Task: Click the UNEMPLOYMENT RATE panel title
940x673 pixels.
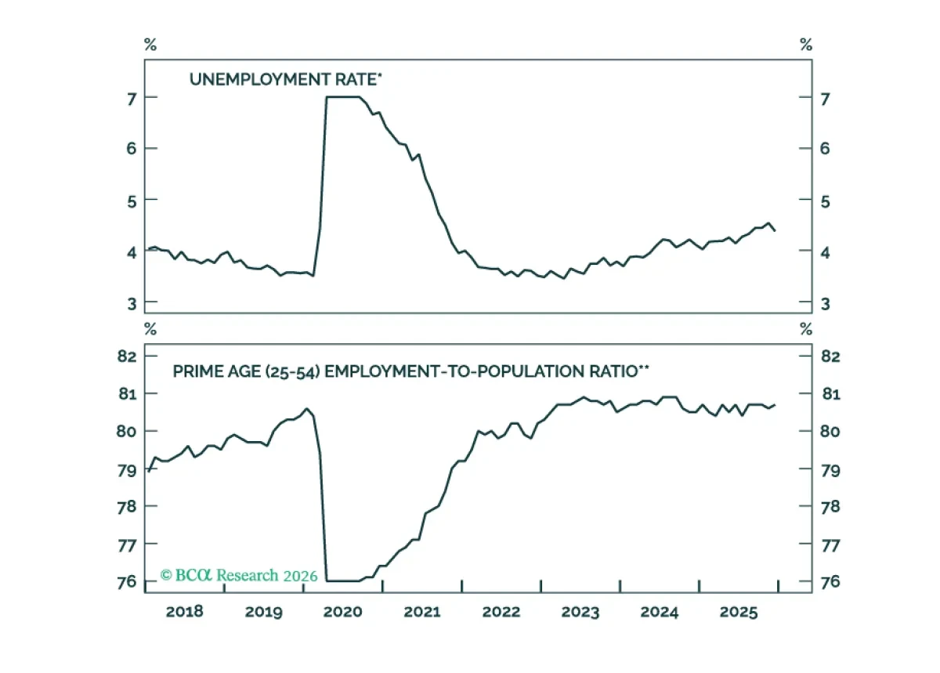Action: (286, 79)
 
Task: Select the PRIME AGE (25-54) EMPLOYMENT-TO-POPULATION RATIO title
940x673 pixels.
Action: (410, 371)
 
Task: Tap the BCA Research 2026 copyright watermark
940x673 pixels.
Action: (239, 575)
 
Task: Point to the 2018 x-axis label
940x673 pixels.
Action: (184, 612)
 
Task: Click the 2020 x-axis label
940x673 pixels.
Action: (342, 612)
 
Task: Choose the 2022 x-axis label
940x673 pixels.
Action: (501, 612)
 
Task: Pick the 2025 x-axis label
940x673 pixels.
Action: (739, 612)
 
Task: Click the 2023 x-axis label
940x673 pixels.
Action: (580, 612)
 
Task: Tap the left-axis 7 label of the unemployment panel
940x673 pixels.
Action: (132, 100)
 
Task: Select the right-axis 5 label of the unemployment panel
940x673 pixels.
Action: (825, 202)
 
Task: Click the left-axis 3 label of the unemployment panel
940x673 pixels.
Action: (132, 303)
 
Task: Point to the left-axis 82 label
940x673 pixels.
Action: (127, 356)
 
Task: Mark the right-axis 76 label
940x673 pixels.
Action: (830, 581)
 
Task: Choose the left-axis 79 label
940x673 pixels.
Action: (127, 471)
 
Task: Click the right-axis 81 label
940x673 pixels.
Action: (831, 394)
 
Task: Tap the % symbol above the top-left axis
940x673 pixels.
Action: (150, 44)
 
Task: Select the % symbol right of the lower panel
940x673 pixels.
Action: (806, 329)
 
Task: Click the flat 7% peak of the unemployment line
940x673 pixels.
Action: (343, 97)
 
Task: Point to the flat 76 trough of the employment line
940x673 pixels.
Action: (343, 581)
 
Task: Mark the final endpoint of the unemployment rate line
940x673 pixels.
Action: (775, 230)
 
